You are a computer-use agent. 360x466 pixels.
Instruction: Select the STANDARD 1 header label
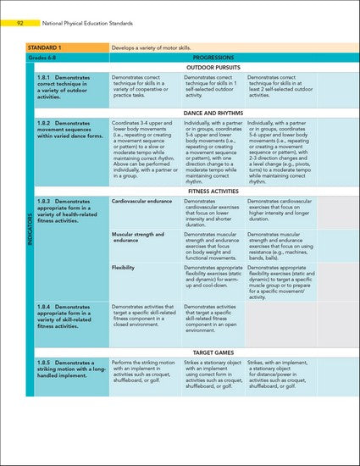pos(47,47)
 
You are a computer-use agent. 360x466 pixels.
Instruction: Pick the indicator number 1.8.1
pos(46,77)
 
